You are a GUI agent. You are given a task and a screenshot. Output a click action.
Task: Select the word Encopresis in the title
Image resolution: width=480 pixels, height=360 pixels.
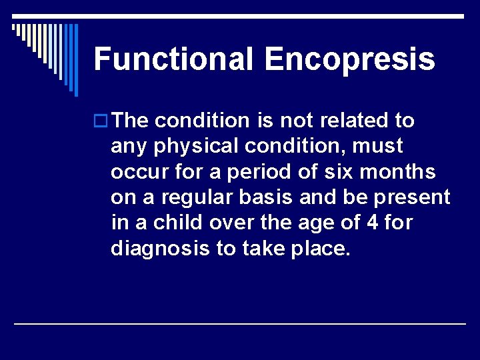tap(349, 59)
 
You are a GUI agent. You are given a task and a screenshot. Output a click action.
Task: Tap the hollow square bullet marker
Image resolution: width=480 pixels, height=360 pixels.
tap(101, 121)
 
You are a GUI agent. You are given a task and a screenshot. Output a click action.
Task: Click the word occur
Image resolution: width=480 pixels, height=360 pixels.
tap(137, 172)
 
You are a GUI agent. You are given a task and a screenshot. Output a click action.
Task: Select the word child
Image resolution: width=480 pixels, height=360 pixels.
tap(177, 222)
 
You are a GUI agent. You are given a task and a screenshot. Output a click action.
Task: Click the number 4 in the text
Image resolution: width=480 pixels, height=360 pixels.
tap(373, 222)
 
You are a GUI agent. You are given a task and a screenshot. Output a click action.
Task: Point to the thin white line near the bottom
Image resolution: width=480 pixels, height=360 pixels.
tap(240, 323)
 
